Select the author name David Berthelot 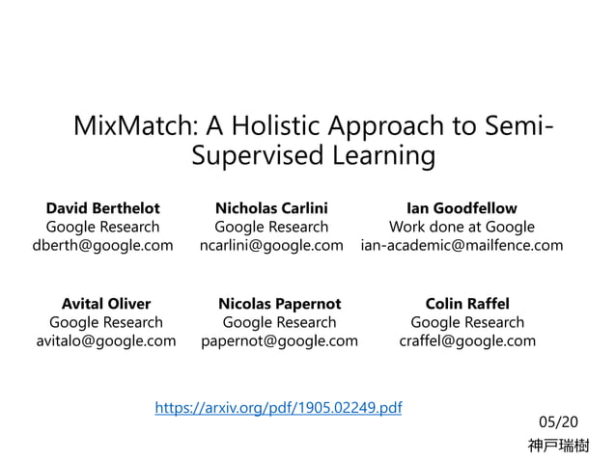coord(103,208)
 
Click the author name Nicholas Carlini coord(271,208)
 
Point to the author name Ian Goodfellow coord(462,208)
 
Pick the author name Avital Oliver coord(106,304)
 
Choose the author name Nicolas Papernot coord(279,304)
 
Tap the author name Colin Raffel coord(467,304)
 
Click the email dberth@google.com coord(103,246)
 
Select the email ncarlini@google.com coord(271,246)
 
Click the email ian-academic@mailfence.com coord(462,246)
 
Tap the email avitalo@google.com coord(106,340)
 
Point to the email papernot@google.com coord(279,340)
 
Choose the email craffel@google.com coord(467,340)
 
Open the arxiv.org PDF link coord(278,408)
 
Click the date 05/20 coord(559,421)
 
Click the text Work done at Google coord(462,228)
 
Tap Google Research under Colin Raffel coord(467,322)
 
